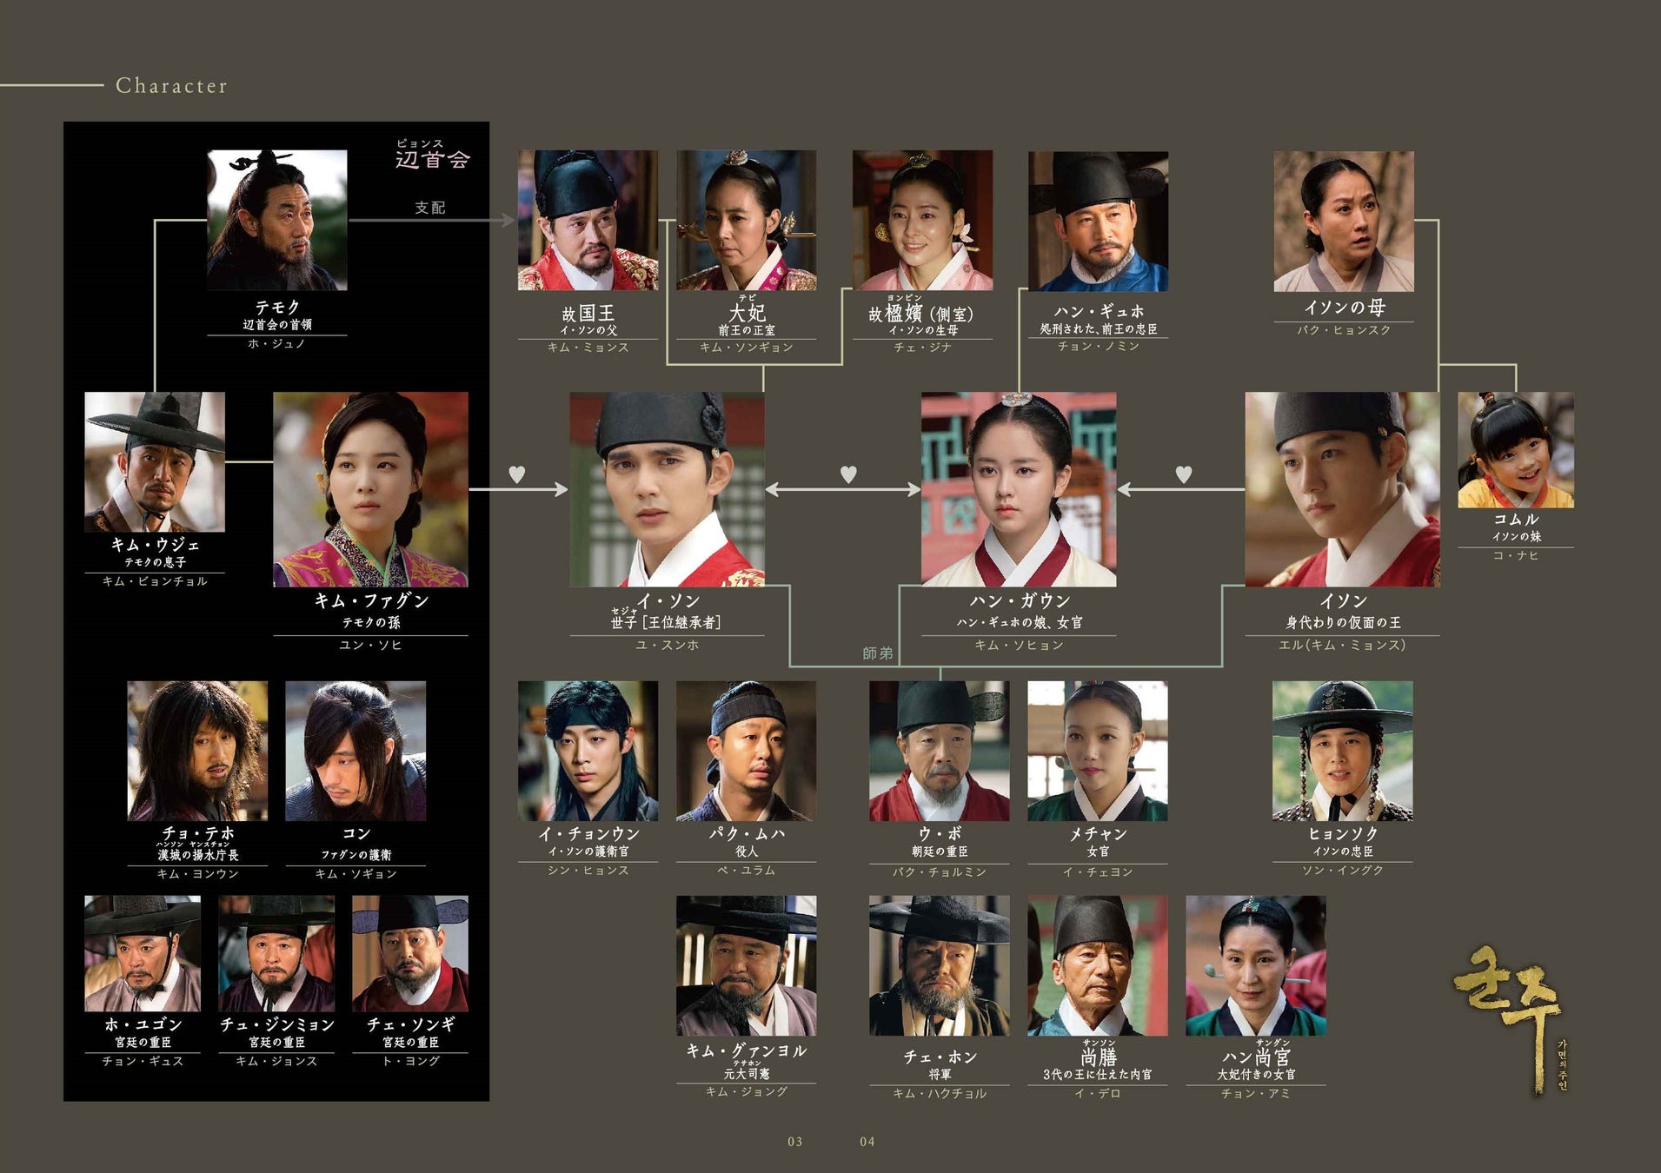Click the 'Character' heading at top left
(x=171, y=85)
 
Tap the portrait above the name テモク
(x=276, y=220)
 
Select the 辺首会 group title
(x=432, y=159)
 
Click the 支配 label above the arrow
(x=429, y=208)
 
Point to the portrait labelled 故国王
(x=588, y=220)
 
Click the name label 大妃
(x=747, y=313)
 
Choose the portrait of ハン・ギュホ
(x=1098, y=221)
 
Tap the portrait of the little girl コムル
(x=1515, y=449)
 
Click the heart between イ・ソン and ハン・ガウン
(x=848, y=474)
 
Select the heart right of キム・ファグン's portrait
(x=516, y=474)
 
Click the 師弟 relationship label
(x=877, y=653)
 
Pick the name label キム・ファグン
(x=371, y=600)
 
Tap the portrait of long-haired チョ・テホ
(x=197, y=751)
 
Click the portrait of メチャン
(x=1097, y=751)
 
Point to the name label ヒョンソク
(x=1342, y=833)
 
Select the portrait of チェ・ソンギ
(x=409, y=953)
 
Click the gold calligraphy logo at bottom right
(x=1507, y=1017)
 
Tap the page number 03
(x=794, y=1142)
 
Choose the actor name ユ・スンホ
(x=667, y=646)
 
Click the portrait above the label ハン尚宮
(x=1255, y=965)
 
